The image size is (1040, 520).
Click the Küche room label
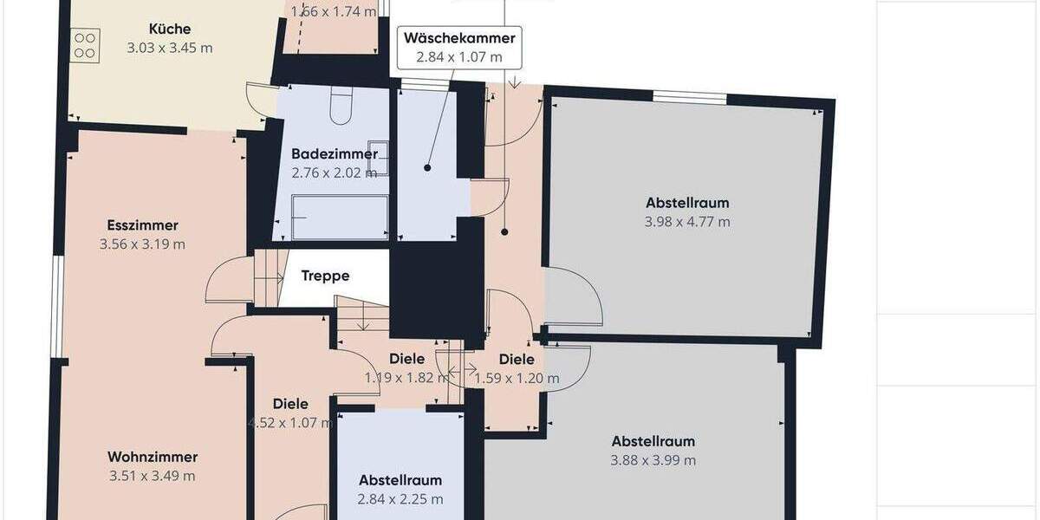tap(169, 29)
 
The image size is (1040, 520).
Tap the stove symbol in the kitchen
tap(85, 44)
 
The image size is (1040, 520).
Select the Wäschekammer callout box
tap(460, 48)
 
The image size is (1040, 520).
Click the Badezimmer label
tap(334, 154)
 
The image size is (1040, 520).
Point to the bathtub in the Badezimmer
tap(339, 218)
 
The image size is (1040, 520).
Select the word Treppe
tap(325, 276)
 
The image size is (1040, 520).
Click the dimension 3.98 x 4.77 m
tap(687, 222)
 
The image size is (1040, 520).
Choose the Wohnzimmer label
tap(153, 458)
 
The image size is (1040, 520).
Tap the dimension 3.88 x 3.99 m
tap(653, 460)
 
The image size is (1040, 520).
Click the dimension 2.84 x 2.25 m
tap(400, 499)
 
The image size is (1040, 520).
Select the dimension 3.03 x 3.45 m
tap(169, 48)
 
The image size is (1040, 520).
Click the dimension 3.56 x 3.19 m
tap(142, 244)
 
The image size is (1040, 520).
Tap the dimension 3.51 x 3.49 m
tap(153, 476)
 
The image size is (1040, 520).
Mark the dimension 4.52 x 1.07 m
tap(290, 423)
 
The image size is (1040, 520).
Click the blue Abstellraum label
tap(400, 480)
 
